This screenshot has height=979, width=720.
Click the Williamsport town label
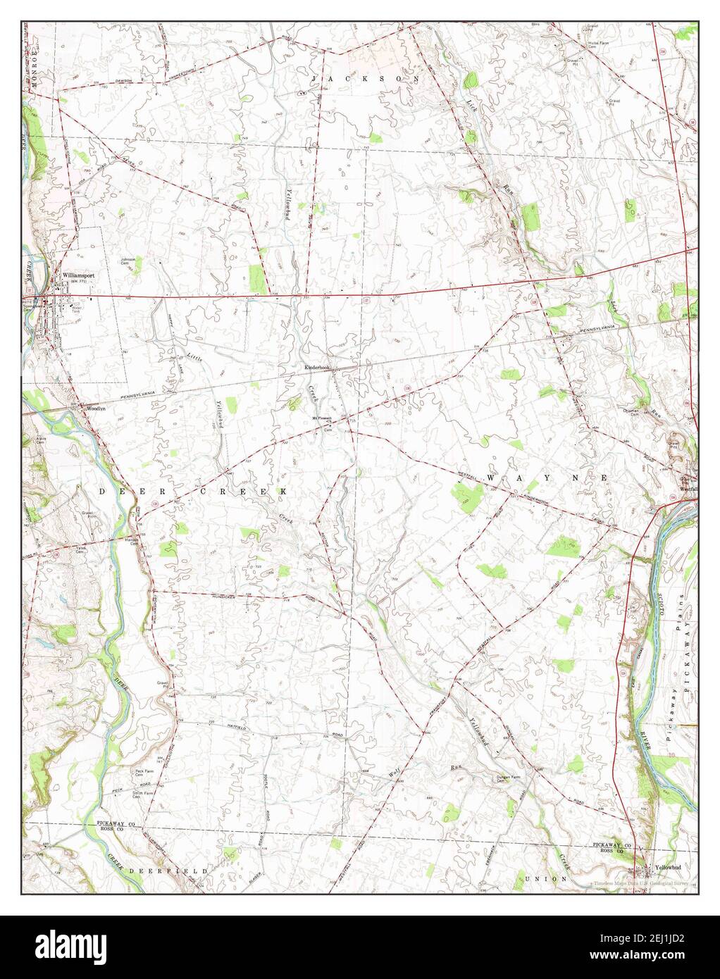tap(77, 275)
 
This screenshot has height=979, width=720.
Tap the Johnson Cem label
tap(128, 261)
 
